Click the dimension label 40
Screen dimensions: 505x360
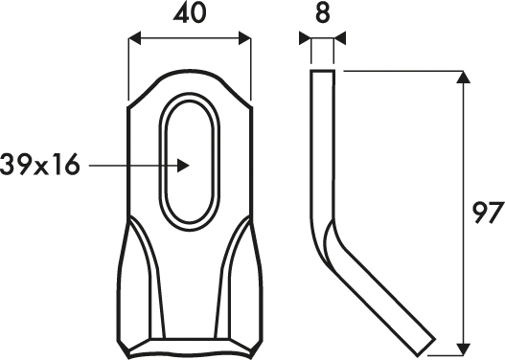point(190,13)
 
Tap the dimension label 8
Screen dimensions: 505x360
point(323,13)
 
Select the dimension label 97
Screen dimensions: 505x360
point(488,213)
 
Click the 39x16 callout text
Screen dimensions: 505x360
point(39,165)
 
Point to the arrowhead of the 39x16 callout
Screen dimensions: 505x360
point(183,166)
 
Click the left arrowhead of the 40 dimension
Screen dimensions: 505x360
point(134,38)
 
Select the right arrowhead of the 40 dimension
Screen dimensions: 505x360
point(244,38)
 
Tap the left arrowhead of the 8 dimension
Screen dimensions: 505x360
point(305,38)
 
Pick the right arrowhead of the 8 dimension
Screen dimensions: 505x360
point(339,38)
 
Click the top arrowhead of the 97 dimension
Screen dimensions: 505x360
point(464,77)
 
